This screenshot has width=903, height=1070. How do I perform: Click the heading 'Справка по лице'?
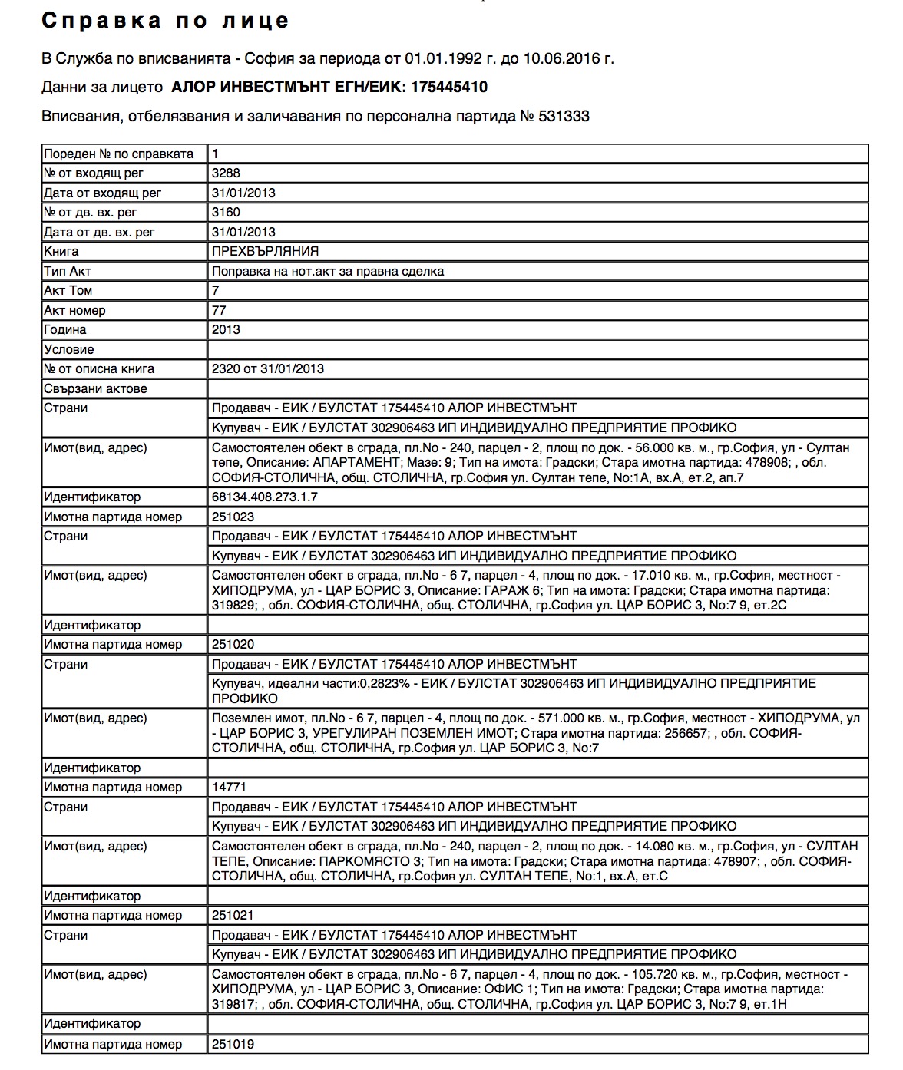[165, 21]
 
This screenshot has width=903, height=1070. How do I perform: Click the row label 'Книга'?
[61, 252]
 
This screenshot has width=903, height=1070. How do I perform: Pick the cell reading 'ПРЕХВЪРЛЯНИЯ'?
[265, 252]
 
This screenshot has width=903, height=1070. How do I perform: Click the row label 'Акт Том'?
[68, 291]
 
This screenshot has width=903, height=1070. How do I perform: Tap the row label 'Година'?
[65, 330]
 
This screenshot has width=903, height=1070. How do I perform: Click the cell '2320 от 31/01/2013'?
[267, 369]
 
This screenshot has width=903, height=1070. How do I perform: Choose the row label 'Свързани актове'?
[95, 389]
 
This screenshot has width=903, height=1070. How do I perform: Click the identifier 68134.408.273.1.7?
[264, 497]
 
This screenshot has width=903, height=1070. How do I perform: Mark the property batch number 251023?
[233, 517]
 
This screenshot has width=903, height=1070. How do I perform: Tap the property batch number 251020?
[233, 645]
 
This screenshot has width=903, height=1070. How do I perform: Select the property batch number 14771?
[229, 788]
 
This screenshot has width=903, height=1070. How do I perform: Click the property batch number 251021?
[233, 916]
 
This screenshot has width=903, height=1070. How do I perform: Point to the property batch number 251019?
[233, 1045]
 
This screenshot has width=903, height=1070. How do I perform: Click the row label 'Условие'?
[69, 350]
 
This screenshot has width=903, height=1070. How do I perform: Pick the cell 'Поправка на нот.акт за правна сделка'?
[328, 272]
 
